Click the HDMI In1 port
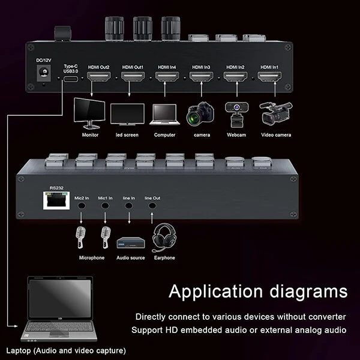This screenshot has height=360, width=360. pos(269,77)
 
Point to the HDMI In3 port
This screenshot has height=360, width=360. pos(201,77)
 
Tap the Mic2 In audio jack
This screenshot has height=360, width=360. pos(82,205)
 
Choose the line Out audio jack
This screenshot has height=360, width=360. pos(152,205)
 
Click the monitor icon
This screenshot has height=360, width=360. pos(90,113)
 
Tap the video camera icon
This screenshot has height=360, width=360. pos(273,113)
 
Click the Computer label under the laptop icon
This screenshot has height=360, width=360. pos(164,135)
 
